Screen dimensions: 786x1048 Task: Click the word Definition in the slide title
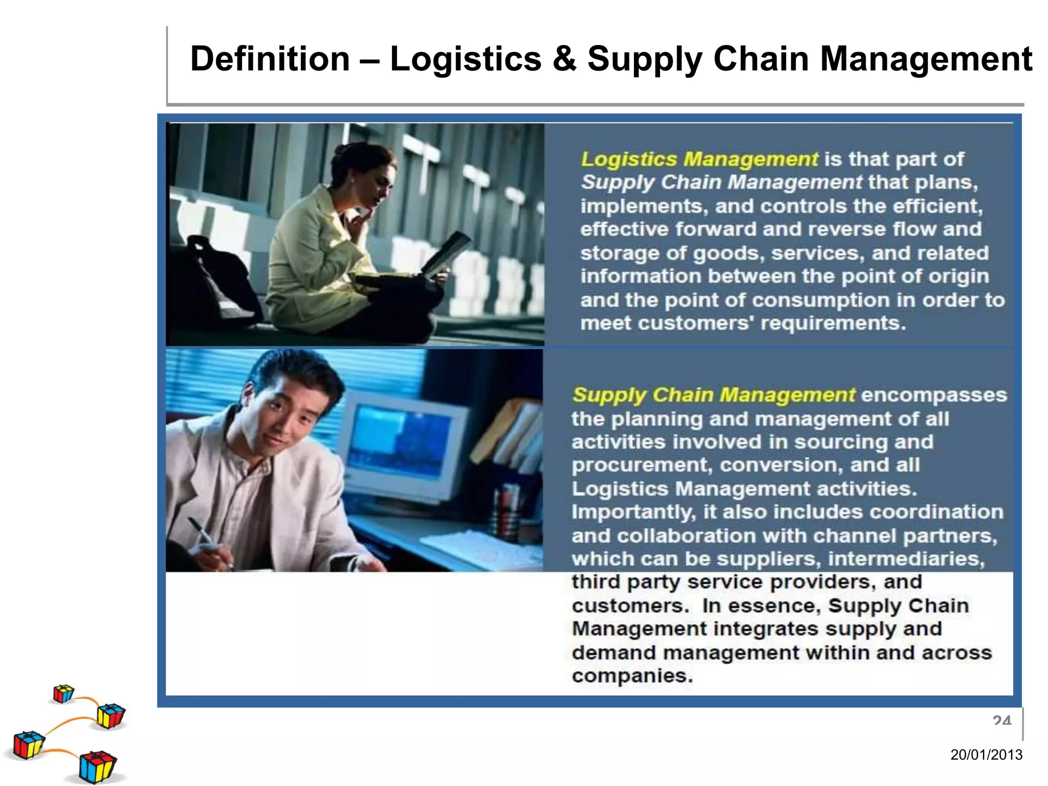click(270, 59)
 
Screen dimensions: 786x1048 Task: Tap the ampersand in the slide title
click(564, 59)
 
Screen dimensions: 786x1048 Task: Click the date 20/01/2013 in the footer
click(986, 754)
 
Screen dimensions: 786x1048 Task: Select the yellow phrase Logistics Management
click(699, 159)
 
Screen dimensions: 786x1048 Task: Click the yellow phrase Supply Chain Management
click(713, 395)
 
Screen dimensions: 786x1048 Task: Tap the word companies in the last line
click(632, 676)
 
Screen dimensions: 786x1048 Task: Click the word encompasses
click(934, 395)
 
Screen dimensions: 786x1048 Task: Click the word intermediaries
click(906, 559)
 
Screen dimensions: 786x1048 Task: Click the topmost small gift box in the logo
click(63, 694)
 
